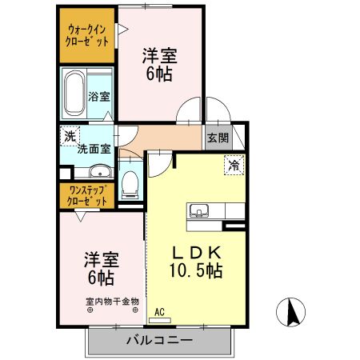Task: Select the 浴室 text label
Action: coord(100,98)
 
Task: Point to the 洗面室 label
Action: coord(93,149)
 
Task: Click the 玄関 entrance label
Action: coord(218,138)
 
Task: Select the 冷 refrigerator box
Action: coord(234,166)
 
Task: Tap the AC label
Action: coord(159,312)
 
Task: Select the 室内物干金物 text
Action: coord(112,302)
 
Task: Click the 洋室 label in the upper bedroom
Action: coord(159,56)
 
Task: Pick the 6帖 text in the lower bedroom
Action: coord(100,278)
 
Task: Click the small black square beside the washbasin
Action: coord(64,172)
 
